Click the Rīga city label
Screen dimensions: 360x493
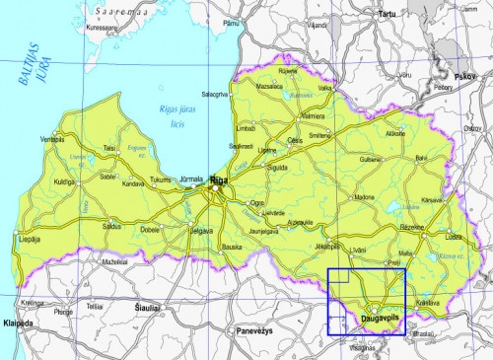[x=219, y=180]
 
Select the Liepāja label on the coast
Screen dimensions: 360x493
[x=31, y=238]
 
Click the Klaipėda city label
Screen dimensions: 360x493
[x=18, y=323]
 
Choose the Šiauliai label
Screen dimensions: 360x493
[x=148, y=308]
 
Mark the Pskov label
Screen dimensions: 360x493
[x=464, y=75]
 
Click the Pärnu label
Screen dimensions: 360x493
[x=232, y=22]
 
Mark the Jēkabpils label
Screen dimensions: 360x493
[x=328, y=244]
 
